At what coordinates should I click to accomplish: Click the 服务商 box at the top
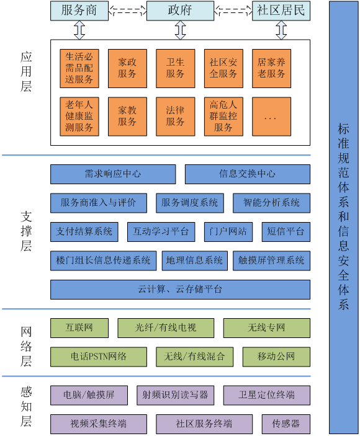[79, 11]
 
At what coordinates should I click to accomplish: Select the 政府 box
[180, 11]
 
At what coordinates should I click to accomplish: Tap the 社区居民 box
[281, 11]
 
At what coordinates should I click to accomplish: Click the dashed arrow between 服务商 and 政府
[127, 11]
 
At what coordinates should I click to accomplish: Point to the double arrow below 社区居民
[281, 30]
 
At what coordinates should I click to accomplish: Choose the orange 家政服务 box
[127, 68]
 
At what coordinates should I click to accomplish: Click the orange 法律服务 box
[175, 117]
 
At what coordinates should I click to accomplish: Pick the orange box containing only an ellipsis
[271, 117]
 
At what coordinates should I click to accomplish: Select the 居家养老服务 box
[271, 68]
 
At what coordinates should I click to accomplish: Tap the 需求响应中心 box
[113, 174]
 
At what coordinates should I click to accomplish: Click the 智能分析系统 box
[271, 203]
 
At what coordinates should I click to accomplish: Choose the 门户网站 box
[228, 231]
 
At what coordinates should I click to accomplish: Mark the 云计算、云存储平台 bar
[180, 290]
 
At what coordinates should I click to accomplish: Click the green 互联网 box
[79, 328]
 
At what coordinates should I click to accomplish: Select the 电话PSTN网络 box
[99, 357]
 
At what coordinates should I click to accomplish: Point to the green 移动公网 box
[277, 357]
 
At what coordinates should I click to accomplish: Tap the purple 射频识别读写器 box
[175, 395]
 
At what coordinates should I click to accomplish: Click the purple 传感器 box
[286, 424]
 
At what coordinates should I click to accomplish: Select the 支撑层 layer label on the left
[26, 231]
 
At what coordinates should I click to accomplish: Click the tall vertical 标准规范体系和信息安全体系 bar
[344, 217]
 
